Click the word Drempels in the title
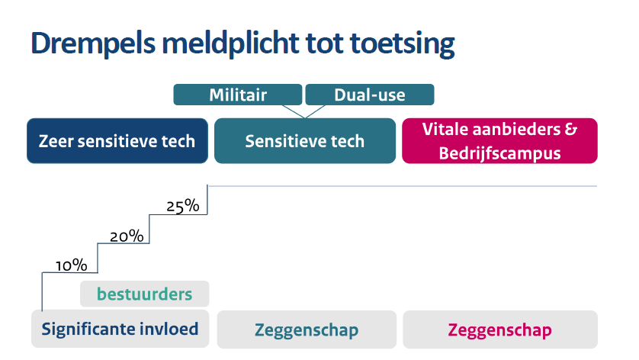93,43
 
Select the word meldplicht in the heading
230,43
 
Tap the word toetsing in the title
402,44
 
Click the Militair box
238,95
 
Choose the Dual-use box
370,95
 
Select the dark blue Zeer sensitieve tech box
117,140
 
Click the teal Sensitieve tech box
305,140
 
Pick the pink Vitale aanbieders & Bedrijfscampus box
499,140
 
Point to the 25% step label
183,206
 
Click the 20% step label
127,236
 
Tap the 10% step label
72,265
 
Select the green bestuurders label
145,294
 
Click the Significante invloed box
120,329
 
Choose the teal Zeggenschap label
307,329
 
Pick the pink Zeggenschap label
500,329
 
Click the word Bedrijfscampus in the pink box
499,154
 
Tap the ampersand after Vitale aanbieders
571,129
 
